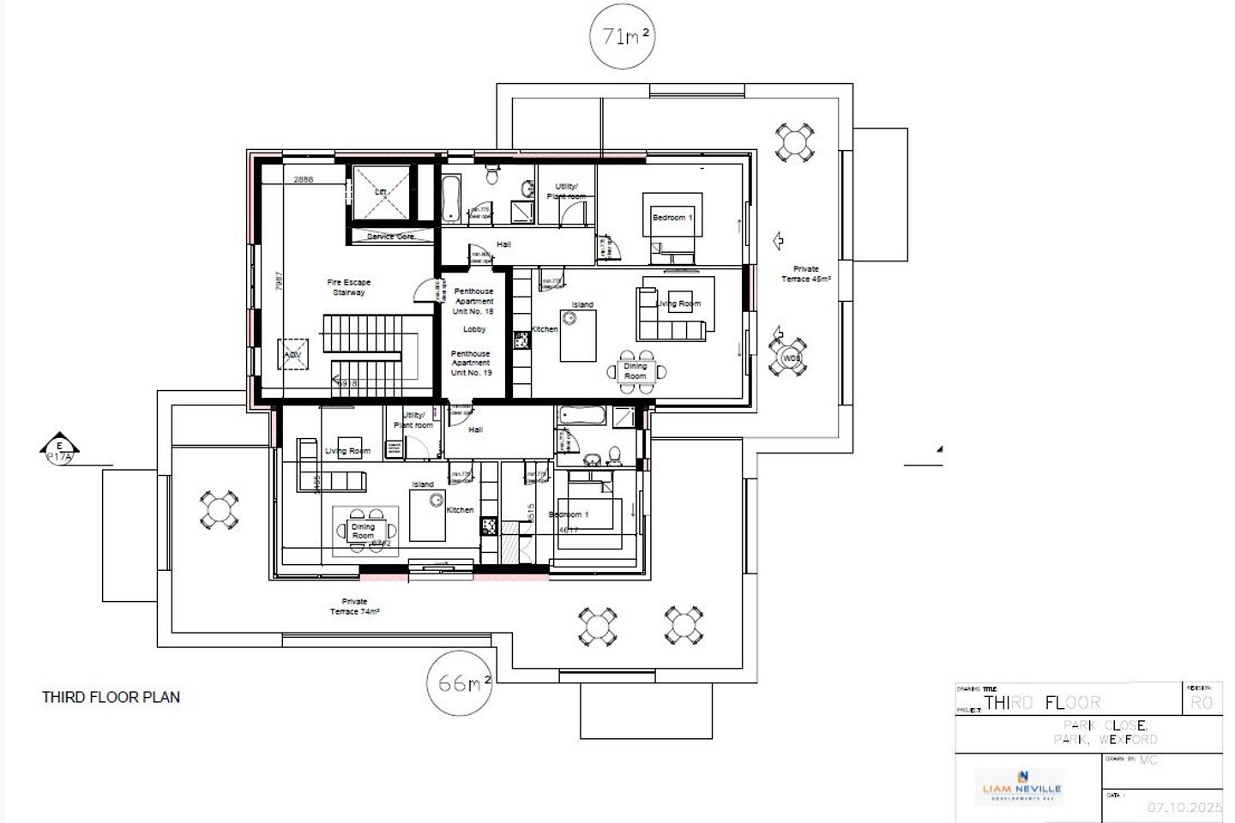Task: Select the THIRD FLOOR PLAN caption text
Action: pos(111,697)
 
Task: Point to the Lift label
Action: pos(381,192)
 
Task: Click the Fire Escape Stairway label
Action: pos(349,287)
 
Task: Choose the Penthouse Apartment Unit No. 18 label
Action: pos(473,301)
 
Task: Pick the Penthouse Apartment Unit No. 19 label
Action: pos(471,363)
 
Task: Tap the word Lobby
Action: pos(474,329)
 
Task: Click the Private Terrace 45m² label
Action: pos(805,274)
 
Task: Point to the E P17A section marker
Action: pos(59,450)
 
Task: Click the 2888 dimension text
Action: pos(303,180)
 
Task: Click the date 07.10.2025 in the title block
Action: pos(1184,808)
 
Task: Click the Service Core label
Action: pos(391,237)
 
